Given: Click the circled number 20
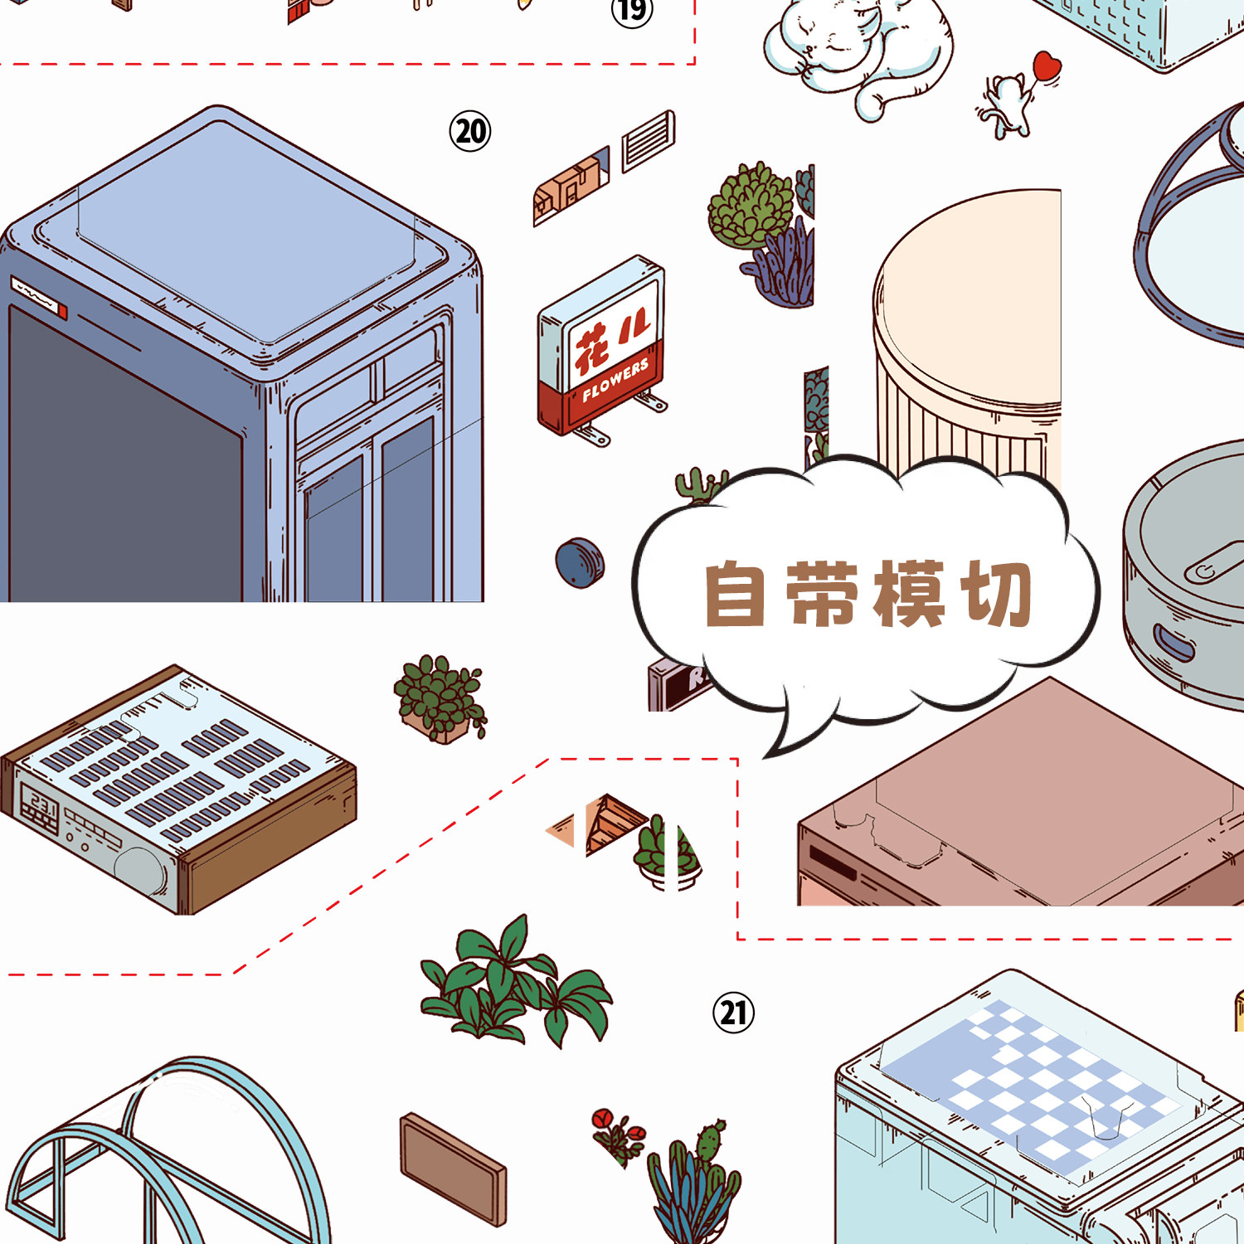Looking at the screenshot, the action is (470, 131).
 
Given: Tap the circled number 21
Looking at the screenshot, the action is (733, 1013).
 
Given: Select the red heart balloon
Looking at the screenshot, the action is (1047, 65).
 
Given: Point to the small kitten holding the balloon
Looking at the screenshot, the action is (1005, 106).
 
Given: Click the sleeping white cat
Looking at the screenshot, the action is (854, 50).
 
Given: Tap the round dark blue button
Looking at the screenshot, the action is (580, 563).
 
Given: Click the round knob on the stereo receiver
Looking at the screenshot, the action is (140, 870).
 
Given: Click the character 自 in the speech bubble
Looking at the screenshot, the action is (735, 594).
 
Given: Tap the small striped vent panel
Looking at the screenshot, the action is (649, 140).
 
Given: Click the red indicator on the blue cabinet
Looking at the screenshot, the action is (63, 312).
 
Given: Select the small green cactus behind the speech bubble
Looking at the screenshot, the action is (699, 486).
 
